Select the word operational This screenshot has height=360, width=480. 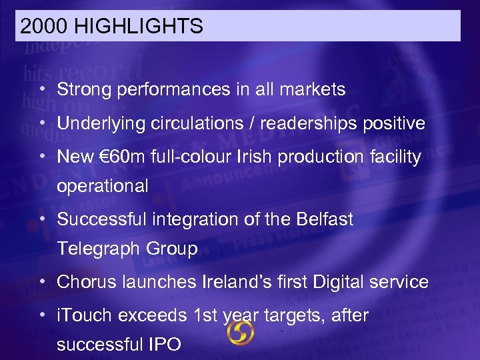[x=103, y=186]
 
